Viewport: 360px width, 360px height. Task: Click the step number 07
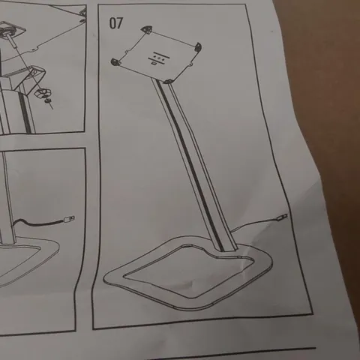pos(116,22)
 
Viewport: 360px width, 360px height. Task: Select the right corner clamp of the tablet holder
pos(199,47)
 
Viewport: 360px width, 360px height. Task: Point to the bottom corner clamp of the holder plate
pos(170,79)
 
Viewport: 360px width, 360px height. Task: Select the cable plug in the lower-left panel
pos(69,220)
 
